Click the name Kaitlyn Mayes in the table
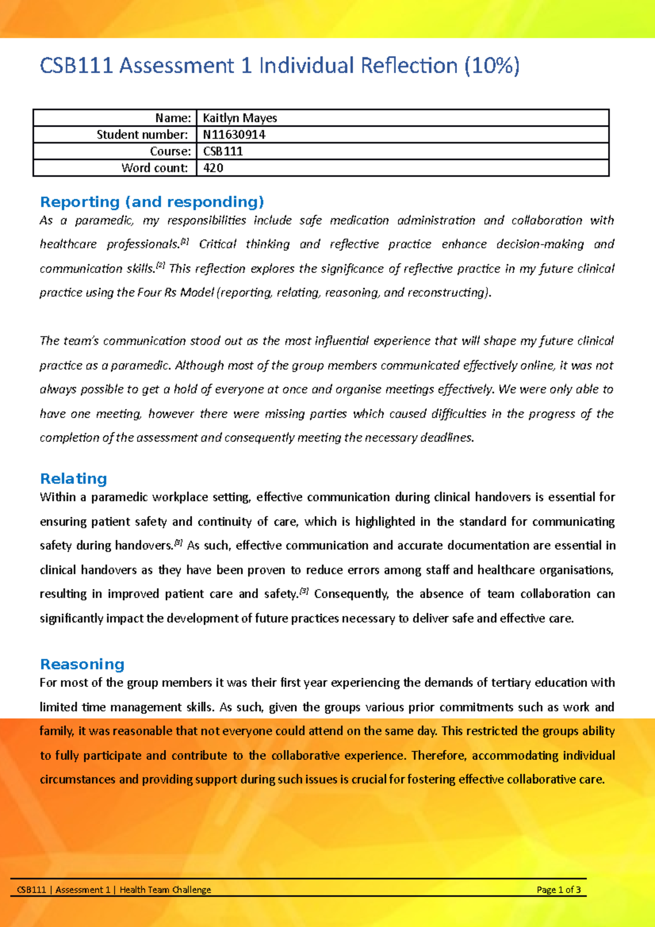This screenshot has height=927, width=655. (240, 118)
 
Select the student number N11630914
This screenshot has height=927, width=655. (234, 135)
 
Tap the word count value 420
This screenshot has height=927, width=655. (213, 168)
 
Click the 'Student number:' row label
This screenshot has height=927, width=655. (142, 135)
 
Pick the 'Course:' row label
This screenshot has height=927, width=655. (170, 151)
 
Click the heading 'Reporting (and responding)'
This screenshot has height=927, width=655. (152, 202)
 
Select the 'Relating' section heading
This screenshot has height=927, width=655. (73, 479)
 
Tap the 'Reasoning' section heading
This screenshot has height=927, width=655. (82, 664)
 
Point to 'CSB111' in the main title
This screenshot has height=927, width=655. (76, 66)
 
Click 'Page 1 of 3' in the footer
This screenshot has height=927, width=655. (558, 890)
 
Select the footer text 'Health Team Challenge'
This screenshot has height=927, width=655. (165, 890)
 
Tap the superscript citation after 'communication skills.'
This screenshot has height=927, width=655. (160, 265)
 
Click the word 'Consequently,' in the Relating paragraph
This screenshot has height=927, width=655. (352, 594)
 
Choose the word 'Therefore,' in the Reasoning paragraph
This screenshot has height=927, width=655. (439, 756)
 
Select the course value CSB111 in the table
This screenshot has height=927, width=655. (223, 151)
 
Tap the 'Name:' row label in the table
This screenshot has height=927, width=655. (173, 118)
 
